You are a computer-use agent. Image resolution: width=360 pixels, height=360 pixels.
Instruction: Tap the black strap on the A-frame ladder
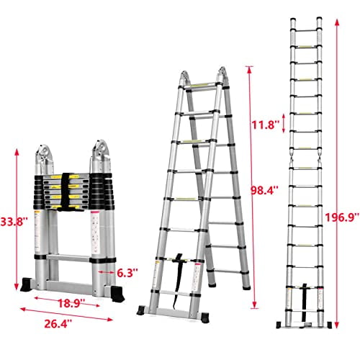tap(176, 265)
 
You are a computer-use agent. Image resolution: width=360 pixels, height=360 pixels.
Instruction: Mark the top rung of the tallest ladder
tap(306, 30)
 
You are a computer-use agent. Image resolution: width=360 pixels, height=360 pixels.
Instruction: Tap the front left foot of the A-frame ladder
tap(147, 311)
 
